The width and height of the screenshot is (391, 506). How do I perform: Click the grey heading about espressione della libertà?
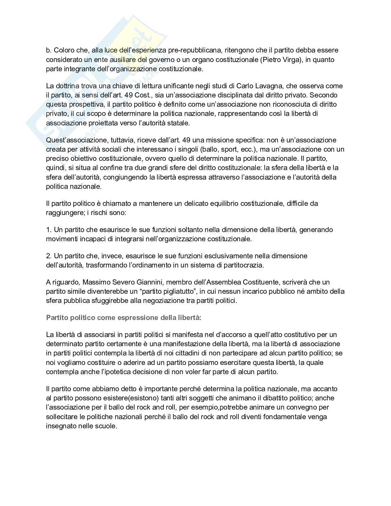124,318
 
